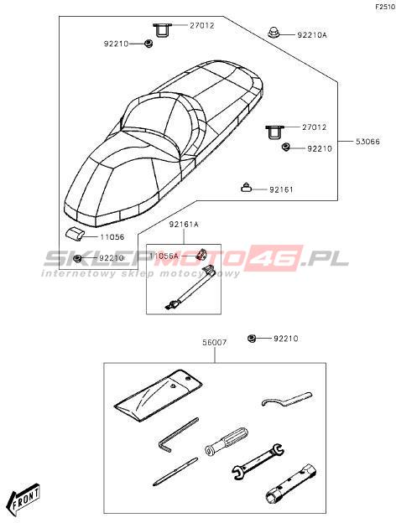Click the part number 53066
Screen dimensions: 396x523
coord(367,142)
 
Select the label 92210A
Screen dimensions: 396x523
coord(312,34)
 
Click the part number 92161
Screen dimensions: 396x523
coord(281,189)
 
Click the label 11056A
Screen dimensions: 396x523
coord(164,256)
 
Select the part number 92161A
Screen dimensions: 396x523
coord(184,225)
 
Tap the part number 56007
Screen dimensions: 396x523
coord(215,342)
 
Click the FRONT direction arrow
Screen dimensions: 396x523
coord(25,497)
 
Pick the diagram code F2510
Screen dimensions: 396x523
coord(385,7)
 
